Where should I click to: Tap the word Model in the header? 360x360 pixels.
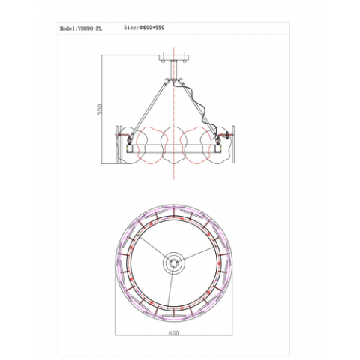(67, 27)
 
